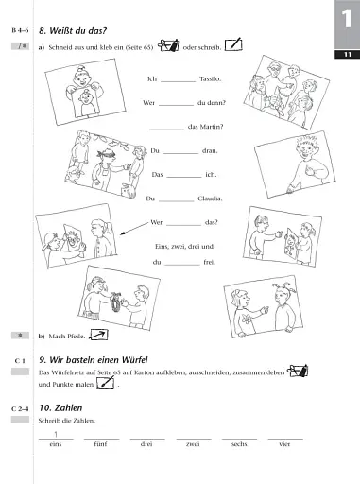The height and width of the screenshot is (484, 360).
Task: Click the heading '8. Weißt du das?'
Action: [77, 31]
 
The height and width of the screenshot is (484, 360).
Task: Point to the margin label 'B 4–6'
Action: [19, 31]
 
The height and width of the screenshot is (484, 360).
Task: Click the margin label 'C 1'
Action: [20, 361]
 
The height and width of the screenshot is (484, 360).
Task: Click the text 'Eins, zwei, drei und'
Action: [180, 245]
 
